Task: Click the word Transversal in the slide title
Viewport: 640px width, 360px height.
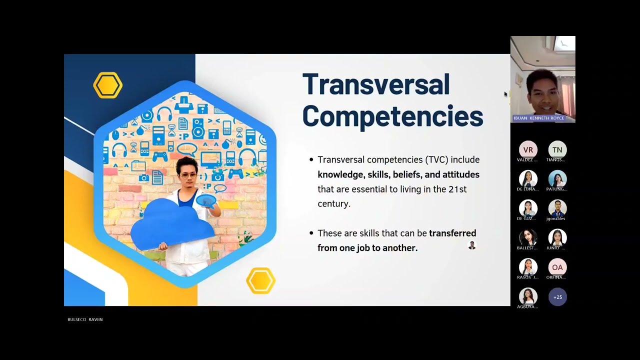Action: pos(376,84)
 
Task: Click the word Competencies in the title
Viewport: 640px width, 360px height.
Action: pos(392,116)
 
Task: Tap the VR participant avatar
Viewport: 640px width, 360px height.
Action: pos(528,150)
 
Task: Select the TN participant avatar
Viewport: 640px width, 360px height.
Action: pos(557,150)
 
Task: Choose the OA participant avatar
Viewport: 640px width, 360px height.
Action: pos(557,267)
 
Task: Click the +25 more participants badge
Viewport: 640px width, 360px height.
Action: pos(557,297)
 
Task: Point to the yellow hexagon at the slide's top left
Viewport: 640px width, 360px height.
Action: pos(107,85)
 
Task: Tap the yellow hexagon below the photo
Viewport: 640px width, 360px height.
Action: pos(260,280)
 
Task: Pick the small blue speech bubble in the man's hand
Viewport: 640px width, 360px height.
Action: pos(205,201)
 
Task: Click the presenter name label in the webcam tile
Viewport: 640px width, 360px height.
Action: pos(538,118)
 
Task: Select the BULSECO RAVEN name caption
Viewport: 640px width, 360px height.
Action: pos(85,319)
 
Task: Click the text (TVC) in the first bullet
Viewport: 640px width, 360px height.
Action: pos(436,160)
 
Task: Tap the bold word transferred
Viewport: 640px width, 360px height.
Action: pos(452,233)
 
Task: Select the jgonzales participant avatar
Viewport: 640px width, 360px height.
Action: pos(557,208)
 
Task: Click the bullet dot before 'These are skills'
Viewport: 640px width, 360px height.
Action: pos(311,233)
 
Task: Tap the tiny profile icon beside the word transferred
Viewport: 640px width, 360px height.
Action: pos(471,245)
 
